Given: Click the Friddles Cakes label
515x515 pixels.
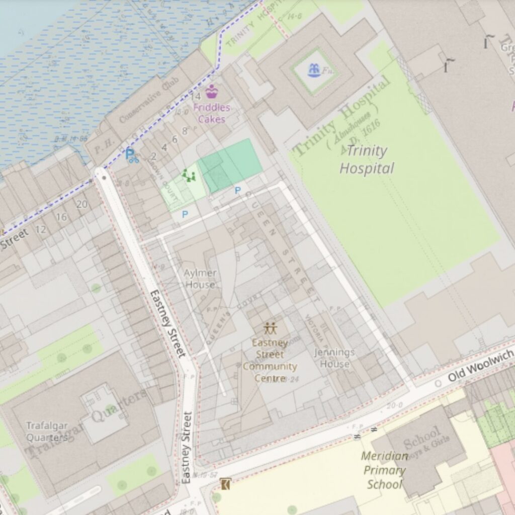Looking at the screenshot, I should pyautogui.click(x=211, y=113).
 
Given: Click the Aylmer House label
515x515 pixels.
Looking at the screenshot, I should pyautogui.click(x=200, y=279).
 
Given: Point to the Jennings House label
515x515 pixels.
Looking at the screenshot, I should pyautogui.click(x=334, y=358).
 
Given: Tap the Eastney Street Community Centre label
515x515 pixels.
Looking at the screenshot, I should pyautogui.click(x=270, y=361).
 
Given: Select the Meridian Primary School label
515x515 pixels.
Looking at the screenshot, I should pyautogui.click(x=384, y=470).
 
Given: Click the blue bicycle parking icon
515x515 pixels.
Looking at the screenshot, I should pyautogui.click(x=131, y=156).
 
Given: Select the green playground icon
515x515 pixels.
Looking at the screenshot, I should pyautogui.click(x=189, y=176).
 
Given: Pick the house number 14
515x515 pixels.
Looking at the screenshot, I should pyautogui.click(x=196, y=96).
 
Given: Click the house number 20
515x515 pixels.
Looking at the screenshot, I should pyautogui.click(x=81, y=204).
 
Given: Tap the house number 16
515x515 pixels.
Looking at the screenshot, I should pyautogui.click(x=61, y=217).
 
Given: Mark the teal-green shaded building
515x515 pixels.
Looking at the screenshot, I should pyautogui.click(x=230, y=165).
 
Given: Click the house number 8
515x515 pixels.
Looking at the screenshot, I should pyautogui.click(x=184, y=131).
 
